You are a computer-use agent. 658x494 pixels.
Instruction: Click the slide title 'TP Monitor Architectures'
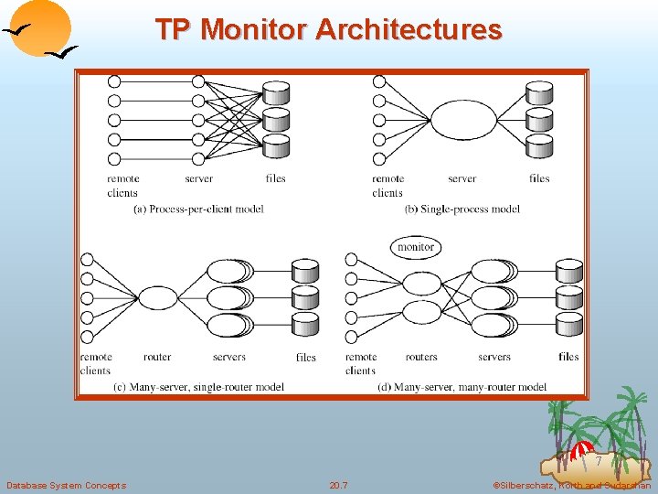pyautogui.click(x=328, y=29)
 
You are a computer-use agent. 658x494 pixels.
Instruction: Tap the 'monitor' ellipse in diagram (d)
pyautogui.click(x=416, y=247)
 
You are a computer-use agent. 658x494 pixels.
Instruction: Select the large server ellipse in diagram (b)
pyautogui.click(x=462, y=120)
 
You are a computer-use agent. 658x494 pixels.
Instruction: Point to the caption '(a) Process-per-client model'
pyautogui.click(x=198, y=209)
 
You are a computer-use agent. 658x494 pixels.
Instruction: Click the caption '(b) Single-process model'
pyautogui.click(x=462, y=209)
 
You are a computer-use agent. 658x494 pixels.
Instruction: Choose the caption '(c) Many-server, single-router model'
pyautogui.click(x=198, y=387)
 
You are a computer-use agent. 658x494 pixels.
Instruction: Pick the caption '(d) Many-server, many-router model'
pyautogui.click(x=462, y=387)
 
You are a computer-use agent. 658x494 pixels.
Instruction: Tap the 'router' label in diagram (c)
pyautogui.click(x=157, y=357)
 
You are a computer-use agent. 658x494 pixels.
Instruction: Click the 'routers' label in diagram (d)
pyautogui.click(x=421, y=357)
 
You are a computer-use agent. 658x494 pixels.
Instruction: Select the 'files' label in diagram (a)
pyautogui.click(x=275, y=178)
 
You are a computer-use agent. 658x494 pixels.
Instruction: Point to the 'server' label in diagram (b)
pyautogui.click(x=462, y=178)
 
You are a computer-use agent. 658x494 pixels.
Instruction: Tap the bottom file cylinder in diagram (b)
pyautogui.click(x=540, y=145)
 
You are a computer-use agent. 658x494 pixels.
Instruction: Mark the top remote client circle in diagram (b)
pyautogui.click(x=379, y=81)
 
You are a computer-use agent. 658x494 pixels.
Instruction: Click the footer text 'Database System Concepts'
pyautogui.click(x=66, y=485)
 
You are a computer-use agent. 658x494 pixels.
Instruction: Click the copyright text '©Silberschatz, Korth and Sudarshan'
pyautogui.click(x=572, y=485)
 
